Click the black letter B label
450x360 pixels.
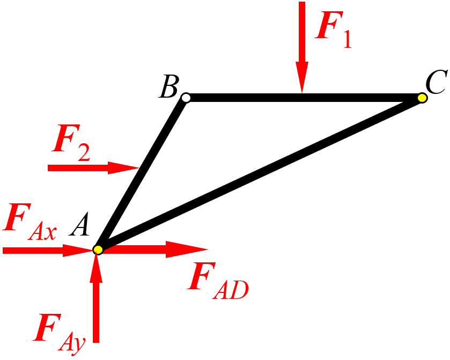tap(169, 86)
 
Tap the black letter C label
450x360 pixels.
tap(436, 82)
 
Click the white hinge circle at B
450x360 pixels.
tap(186, 98)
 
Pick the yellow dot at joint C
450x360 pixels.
tap(422, 98)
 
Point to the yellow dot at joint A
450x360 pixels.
tap(98, 250)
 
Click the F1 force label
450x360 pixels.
tap(333, 30)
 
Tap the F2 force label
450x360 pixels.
tap(71, 143)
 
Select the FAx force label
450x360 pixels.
tap(29, 222)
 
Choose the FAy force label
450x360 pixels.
tap(60, 334)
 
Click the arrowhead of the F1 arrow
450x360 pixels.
tap(302, 77)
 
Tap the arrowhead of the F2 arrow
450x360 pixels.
tap(123, 168)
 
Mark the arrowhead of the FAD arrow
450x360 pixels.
tap(187, 249)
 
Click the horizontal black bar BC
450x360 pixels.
tap(304, 98)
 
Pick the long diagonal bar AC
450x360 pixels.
tap(260, 174)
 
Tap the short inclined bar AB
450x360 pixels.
tap(142, 174)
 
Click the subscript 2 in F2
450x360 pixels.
tap(84, 152)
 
